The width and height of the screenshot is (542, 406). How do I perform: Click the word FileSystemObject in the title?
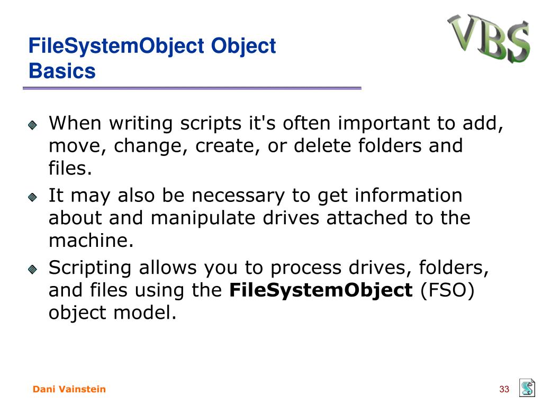tap(116, 47)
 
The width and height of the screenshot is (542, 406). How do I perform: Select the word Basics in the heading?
tap(62, 71)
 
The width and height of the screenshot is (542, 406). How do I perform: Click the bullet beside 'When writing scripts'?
tap(32, 125)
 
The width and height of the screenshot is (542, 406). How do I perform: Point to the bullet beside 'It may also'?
tap(32, 197)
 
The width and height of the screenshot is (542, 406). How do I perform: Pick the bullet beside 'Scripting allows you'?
tap(32, 269)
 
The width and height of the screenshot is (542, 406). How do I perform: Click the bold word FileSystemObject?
tap(321, 291)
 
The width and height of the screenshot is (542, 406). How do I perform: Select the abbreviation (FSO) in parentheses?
tap(447, 290)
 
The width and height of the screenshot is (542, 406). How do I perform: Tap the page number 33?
tap(504, 389)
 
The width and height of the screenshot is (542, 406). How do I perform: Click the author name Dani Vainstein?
tap(69, 389)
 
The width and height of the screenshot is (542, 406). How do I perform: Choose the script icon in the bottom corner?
tap(527, 387)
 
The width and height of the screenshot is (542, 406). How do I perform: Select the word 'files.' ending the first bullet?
tap(70, 168)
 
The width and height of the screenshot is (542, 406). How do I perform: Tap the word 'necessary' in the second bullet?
tap(238, 196)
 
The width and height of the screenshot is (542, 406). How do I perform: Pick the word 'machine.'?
tap(91, 241)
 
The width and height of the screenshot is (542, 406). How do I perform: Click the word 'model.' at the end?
tap(145, 312)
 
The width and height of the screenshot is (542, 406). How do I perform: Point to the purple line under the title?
tap(192, 88)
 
